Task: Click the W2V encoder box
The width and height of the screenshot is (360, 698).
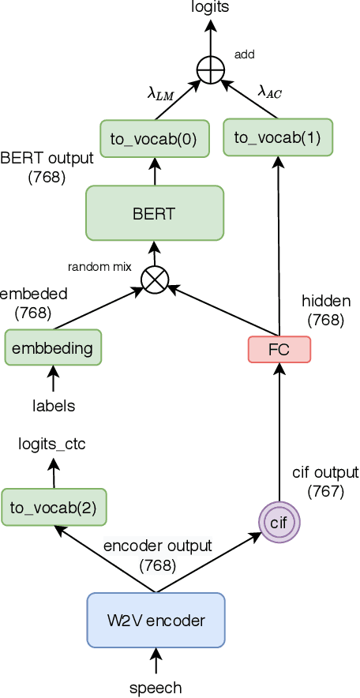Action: (156, 620)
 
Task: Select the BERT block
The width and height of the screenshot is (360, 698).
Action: (155, 212)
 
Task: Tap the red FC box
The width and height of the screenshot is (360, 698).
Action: (279, 348)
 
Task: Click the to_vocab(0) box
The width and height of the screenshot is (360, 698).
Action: (154, 139)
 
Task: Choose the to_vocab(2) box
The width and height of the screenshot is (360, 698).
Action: (54, 507)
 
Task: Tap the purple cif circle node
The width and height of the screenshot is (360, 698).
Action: (279, 523)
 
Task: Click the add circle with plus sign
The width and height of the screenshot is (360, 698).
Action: (210, 69)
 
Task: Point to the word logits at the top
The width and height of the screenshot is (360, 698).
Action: (210, 7)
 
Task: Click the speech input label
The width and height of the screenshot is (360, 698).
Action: (156, 687)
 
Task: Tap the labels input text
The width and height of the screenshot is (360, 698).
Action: (54, 406)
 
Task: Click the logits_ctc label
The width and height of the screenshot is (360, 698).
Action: (52, 445)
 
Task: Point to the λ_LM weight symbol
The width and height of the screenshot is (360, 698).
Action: (160, 93)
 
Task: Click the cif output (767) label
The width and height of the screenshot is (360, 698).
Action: (324, 482)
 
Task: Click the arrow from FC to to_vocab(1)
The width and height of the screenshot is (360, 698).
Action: (279, 245)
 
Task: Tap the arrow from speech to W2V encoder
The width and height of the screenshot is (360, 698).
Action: (156, 662)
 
